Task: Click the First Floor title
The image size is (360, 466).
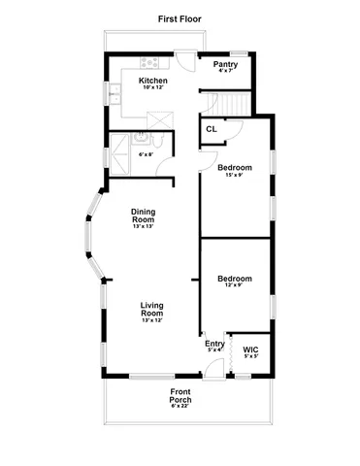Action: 180,18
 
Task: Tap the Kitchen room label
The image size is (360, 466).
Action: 152,81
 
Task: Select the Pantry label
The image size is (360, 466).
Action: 226,64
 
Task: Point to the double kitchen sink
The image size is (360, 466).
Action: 115,95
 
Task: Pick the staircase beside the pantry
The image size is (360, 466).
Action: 231,103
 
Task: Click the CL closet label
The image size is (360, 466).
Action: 211,129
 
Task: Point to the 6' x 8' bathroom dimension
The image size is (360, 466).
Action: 147,154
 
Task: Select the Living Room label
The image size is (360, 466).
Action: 151,310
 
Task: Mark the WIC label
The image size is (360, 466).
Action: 250,349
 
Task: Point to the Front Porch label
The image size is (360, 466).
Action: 180,397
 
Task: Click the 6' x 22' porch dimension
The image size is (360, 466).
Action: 180,406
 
